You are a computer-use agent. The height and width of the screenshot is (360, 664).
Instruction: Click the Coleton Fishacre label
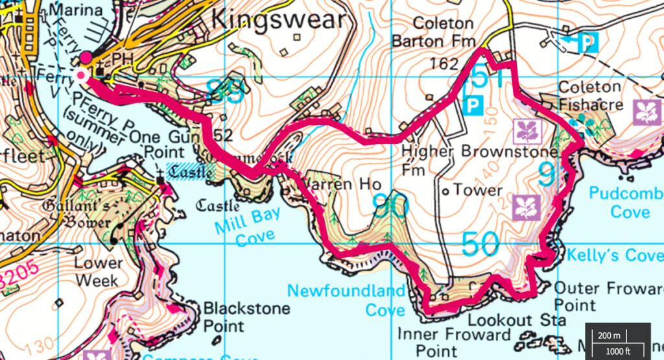(x=590, y=95)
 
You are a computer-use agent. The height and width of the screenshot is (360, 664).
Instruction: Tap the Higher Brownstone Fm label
(x=479, y=159)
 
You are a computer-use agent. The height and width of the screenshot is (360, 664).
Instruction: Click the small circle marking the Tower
(x=446, y=192)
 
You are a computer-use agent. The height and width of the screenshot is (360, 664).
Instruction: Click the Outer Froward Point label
(x=608, y=296)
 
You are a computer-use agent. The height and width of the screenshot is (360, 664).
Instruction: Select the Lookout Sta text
(x=508, y=320)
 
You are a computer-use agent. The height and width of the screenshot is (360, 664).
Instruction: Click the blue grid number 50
(x=480, y=245)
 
